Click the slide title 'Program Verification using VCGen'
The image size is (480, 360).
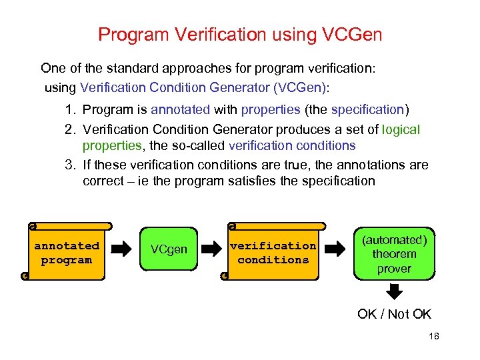pyautogui.click(x=240, y=34)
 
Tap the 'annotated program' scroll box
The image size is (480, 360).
pyautogui.click(x=67, y=253)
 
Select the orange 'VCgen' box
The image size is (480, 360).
pyautogui.click(x=169, y=250)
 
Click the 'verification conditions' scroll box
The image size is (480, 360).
pyautogui.click(x=273, y=253)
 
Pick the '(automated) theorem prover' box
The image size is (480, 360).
pyautogui.click(x=394, y=254)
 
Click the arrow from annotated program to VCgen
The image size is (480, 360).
pyautogui.click(x=121, y=250)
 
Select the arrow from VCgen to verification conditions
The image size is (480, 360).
pyautogui.click(x=211, y=250)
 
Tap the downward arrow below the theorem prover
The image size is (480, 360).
pyautogui.click(x=395, y=291)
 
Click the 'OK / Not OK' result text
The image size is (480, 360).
pyautogui.click(x=395, y=314)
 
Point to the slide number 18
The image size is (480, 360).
pyautogui.click(x=434, y=337)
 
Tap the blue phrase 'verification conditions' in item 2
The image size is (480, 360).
pyautogui.click(x=292, y=145)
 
